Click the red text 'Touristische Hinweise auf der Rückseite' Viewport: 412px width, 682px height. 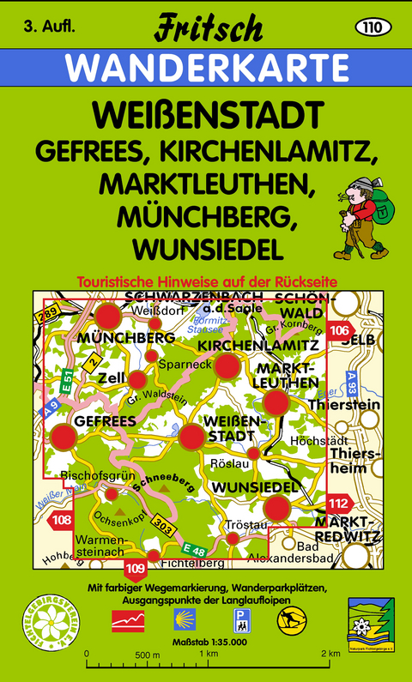click(x=205, y=281)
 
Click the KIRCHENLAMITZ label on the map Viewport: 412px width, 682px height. click(x=259, y=344)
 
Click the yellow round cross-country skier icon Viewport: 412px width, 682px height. click(x=290, y=619)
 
